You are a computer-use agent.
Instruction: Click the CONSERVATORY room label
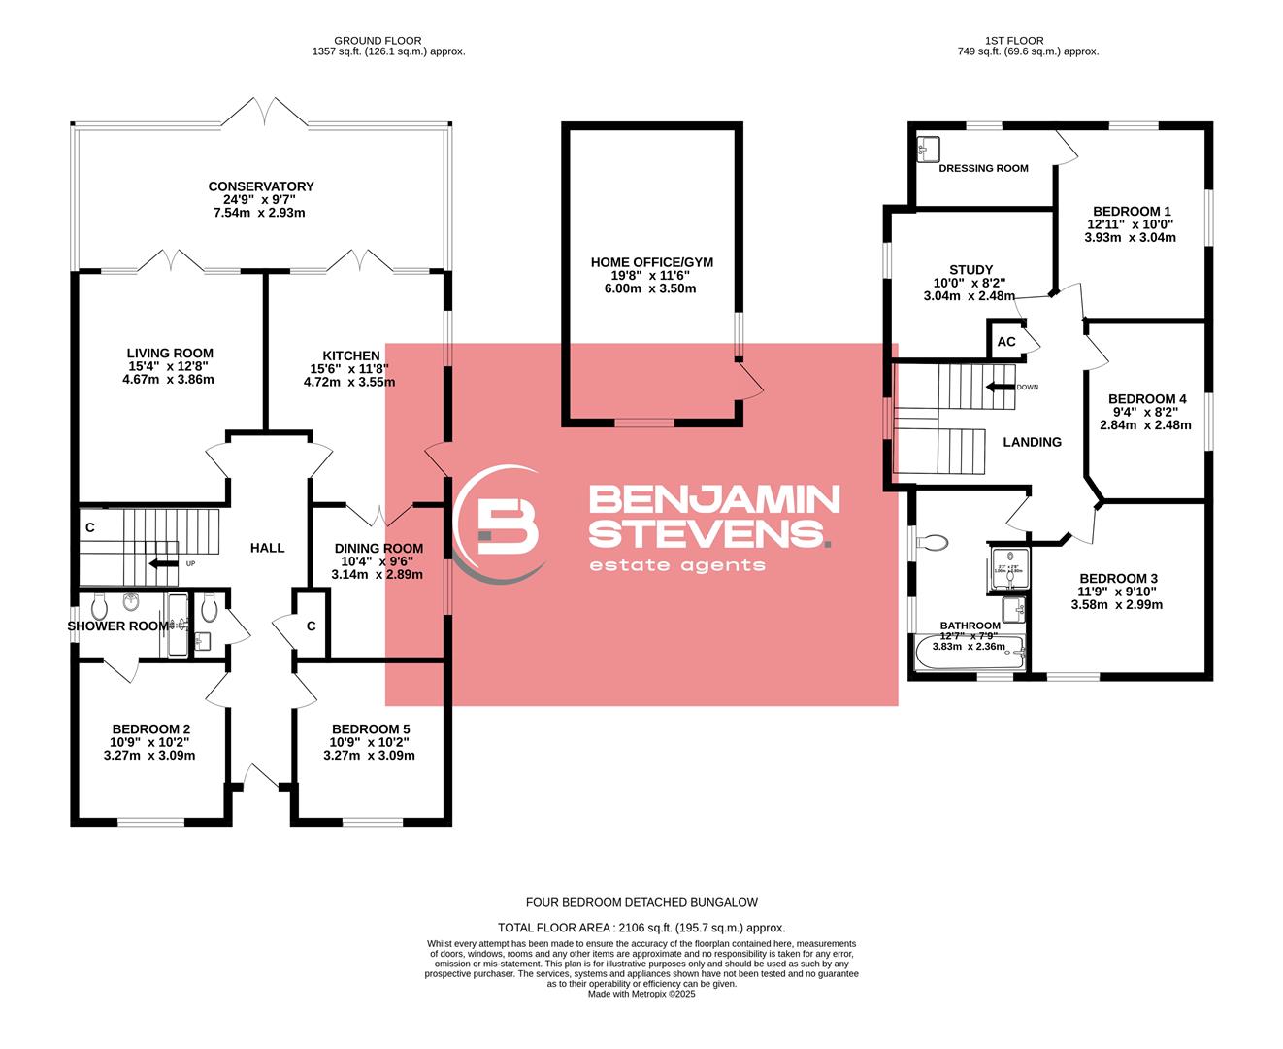261,186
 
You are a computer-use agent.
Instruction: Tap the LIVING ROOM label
170,354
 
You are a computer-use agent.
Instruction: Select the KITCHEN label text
351,355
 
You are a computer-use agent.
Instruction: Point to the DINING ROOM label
378,548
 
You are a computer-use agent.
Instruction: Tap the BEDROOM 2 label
150,729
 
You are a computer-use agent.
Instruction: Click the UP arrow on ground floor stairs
162,563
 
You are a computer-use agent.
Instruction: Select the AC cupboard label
1006,342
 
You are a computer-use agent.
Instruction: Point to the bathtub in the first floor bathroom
969,653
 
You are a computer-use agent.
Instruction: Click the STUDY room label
970,270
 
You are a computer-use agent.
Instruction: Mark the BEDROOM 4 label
1147,399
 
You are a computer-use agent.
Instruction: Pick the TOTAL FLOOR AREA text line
641,928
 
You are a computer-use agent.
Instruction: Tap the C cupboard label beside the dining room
312,626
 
